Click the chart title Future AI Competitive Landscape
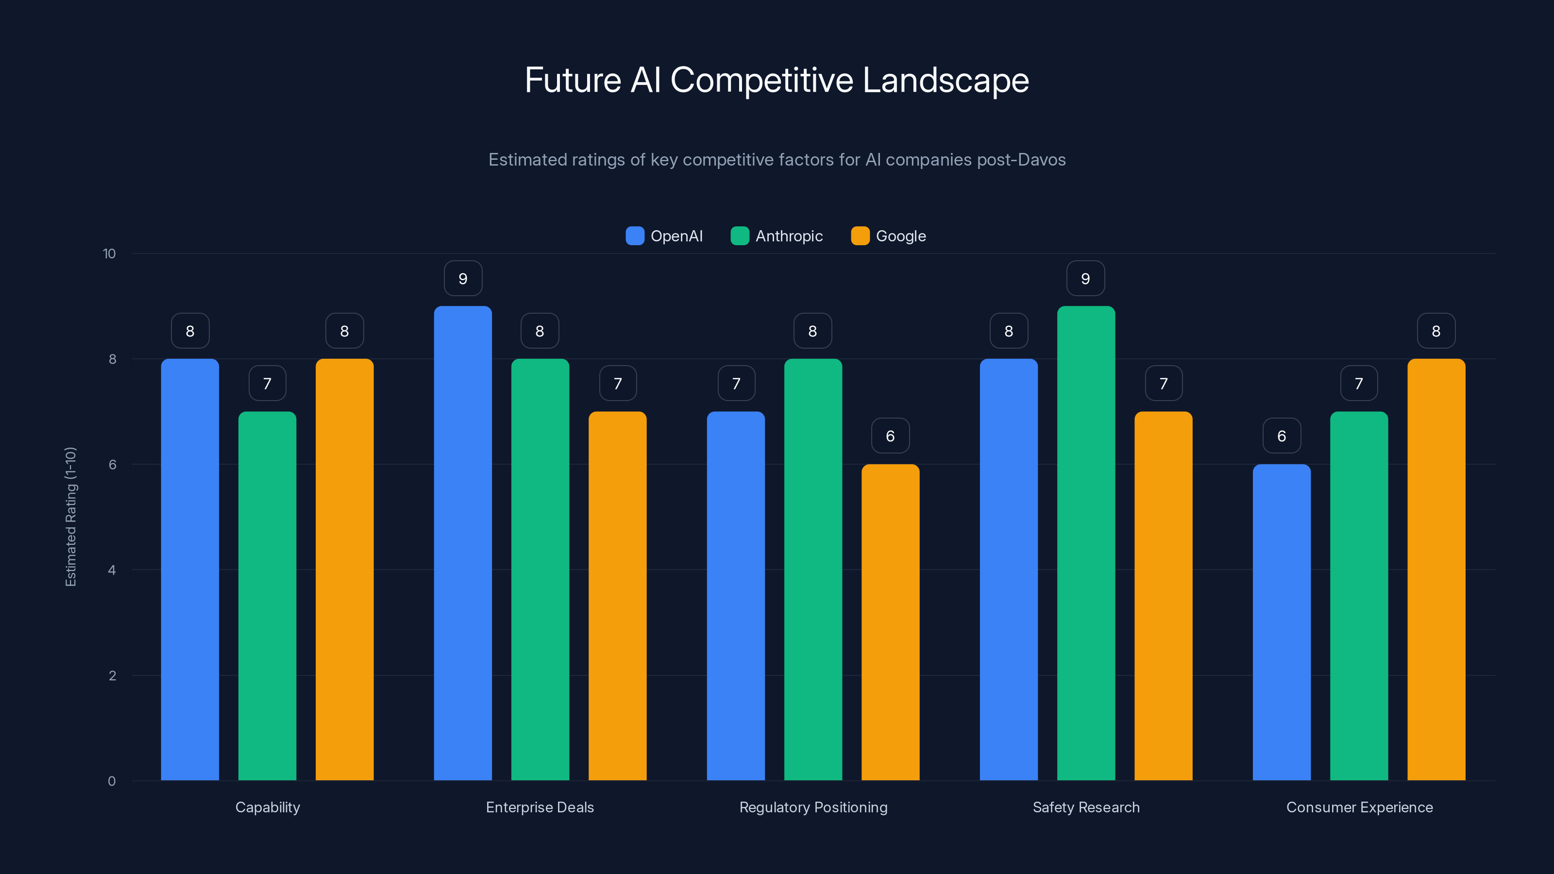(x=777, y=80)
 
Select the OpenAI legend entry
(x=664, y=236)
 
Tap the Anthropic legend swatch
(x=740, y=236)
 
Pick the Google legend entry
(x=889, y=236)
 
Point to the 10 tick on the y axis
(x=109, y=253)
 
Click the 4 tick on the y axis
(x=112, y=570)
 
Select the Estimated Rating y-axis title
(x=70, y=516)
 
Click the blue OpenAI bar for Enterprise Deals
(x=463, y=543)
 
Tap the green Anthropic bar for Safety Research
(x=1086, y=543)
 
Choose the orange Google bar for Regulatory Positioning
(x=891, y=622)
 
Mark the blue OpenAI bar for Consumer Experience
(x=1282, y=622)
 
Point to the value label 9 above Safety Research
(x=1085, y=279)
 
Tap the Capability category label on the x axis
(x=267, y=807)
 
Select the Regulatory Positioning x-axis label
(x=813, y=807)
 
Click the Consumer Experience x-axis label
(x=1359, y=807)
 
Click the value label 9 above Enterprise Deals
(x=463, y=279)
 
